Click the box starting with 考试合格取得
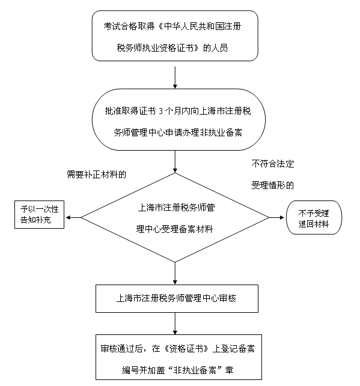[x=175, y=35]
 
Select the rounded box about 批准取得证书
[x=178, y=119]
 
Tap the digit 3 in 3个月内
[x=160, y=112]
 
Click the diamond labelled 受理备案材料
[x=175, y=218]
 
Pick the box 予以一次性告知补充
[x=40, y=215]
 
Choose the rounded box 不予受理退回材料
[x=314, y=218]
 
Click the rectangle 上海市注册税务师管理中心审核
[x=177, y=298]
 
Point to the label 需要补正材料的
[x=97, y=175]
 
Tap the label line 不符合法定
[x=273, y=164]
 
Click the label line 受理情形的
[x=273, y=185]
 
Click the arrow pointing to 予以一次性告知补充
[x=73, y=218]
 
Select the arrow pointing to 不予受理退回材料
[x=276, y=218]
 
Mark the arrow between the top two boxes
[x=175, y=77]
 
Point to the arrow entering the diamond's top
[x=175, y=161]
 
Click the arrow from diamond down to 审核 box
[x=175, y=273]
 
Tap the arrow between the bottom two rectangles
[x=175, y=324]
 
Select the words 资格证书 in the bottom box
[x=186, y=349]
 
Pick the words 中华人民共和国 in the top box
[x=189, y=26]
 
